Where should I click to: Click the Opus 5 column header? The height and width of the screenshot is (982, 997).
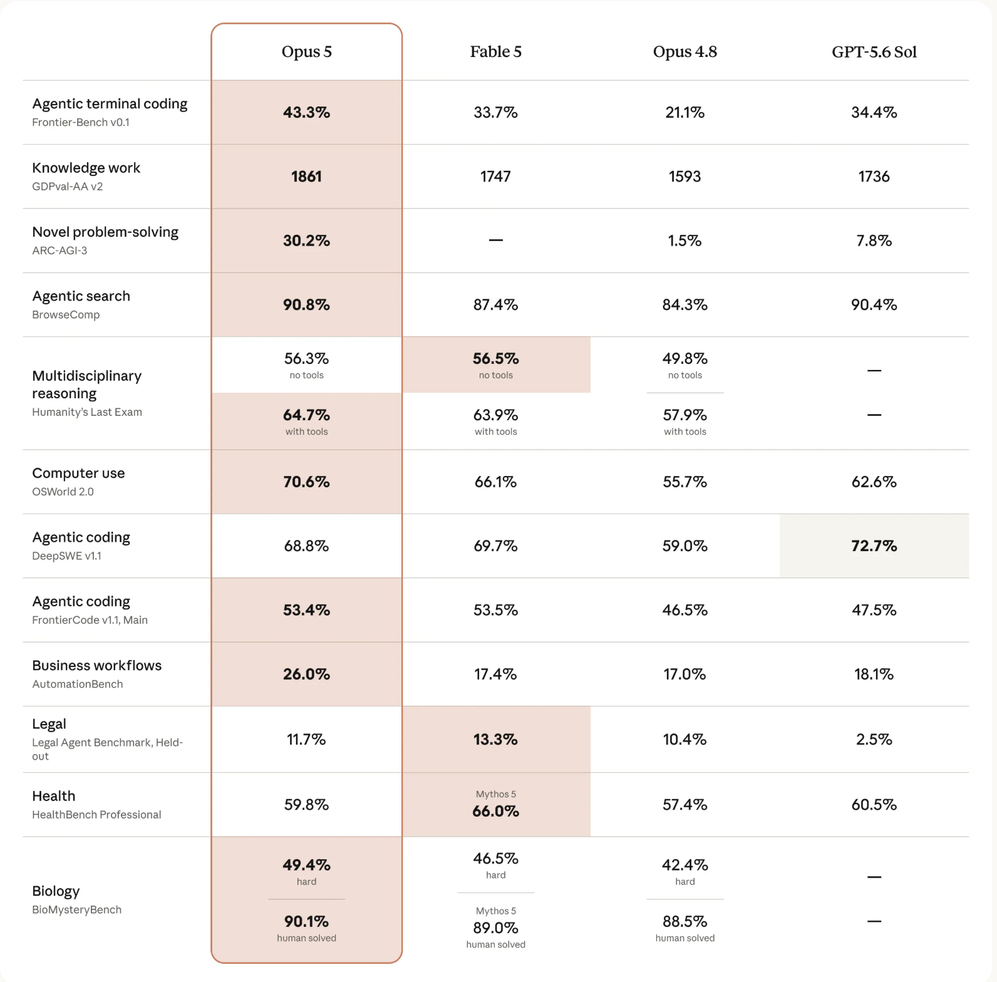click(306, 52)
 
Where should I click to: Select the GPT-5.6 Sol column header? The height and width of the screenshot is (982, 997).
click(874, 52)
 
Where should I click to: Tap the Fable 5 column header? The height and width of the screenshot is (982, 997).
click(495, 52)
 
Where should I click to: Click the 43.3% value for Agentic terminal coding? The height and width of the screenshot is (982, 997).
click(306, 113)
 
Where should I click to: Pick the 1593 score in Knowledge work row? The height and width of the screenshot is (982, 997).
click(684, 177)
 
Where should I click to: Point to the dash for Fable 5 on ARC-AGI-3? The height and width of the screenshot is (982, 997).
click(495, 240)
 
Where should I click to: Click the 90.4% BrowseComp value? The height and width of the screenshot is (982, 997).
click(874, 305)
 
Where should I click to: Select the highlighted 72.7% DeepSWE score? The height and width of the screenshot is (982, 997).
click(874, 546)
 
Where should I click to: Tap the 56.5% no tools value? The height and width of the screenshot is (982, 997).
click(495, 359)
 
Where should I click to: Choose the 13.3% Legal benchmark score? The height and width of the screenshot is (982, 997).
click(495, 740)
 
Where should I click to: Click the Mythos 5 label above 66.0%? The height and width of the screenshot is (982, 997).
click(495, 794)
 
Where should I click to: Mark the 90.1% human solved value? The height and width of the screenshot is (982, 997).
click(306, 922)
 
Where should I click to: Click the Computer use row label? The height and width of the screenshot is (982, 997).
click(78, 473)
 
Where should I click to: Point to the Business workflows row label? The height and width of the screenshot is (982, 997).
click(96, 666)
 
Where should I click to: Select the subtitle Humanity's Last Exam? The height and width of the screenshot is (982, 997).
click(87, 412)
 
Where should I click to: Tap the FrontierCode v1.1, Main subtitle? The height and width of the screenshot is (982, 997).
click(90, 620)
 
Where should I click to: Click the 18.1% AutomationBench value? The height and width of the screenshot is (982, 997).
click(874, 674)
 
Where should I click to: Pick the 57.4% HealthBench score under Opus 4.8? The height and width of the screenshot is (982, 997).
click(684, 805)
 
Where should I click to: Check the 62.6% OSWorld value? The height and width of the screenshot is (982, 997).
click(874, 482)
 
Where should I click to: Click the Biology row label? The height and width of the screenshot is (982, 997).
click(56, 892)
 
